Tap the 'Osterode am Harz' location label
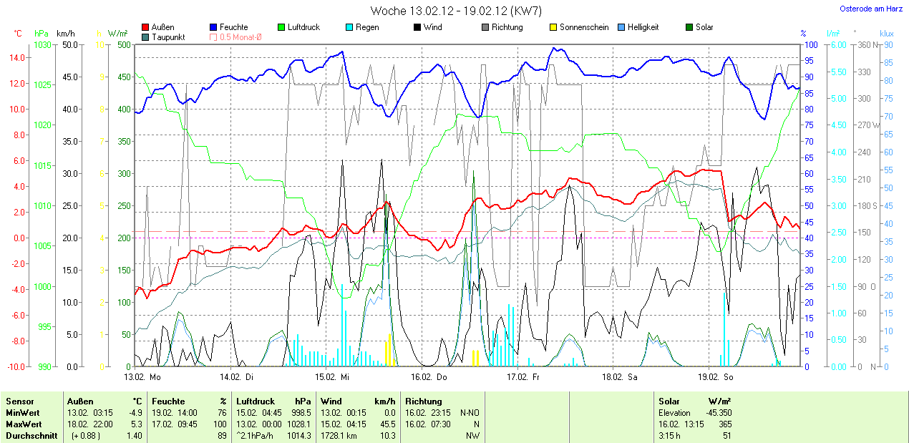(871, 9)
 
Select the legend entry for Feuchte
(233, 27)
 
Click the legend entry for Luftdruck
(303, 27)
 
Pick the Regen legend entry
(367, 27)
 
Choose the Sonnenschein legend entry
(583, 27)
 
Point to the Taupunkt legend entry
(167, 36)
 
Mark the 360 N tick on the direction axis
(865, 44)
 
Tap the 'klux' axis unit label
(887, 33)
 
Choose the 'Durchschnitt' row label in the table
(31, 435)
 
